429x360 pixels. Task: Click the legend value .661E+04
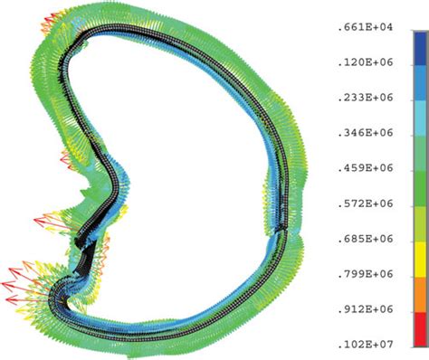click(x=366, y=27)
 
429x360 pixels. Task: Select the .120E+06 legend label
click(x=366, y=62)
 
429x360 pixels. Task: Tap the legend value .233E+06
click(x=366, y=98)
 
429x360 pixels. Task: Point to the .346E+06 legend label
click(x=366, y=133)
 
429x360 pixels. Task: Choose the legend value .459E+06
click(x=366, y=168)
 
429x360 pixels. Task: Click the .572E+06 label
click(x=366, y=204)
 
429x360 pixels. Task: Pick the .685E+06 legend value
click(x=366, y=239)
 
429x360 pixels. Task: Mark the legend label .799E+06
click(x=366, y=274)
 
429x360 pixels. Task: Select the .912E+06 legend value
click(x=366, y=309)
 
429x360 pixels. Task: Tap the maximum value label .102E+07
click(x=366, y=344)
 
